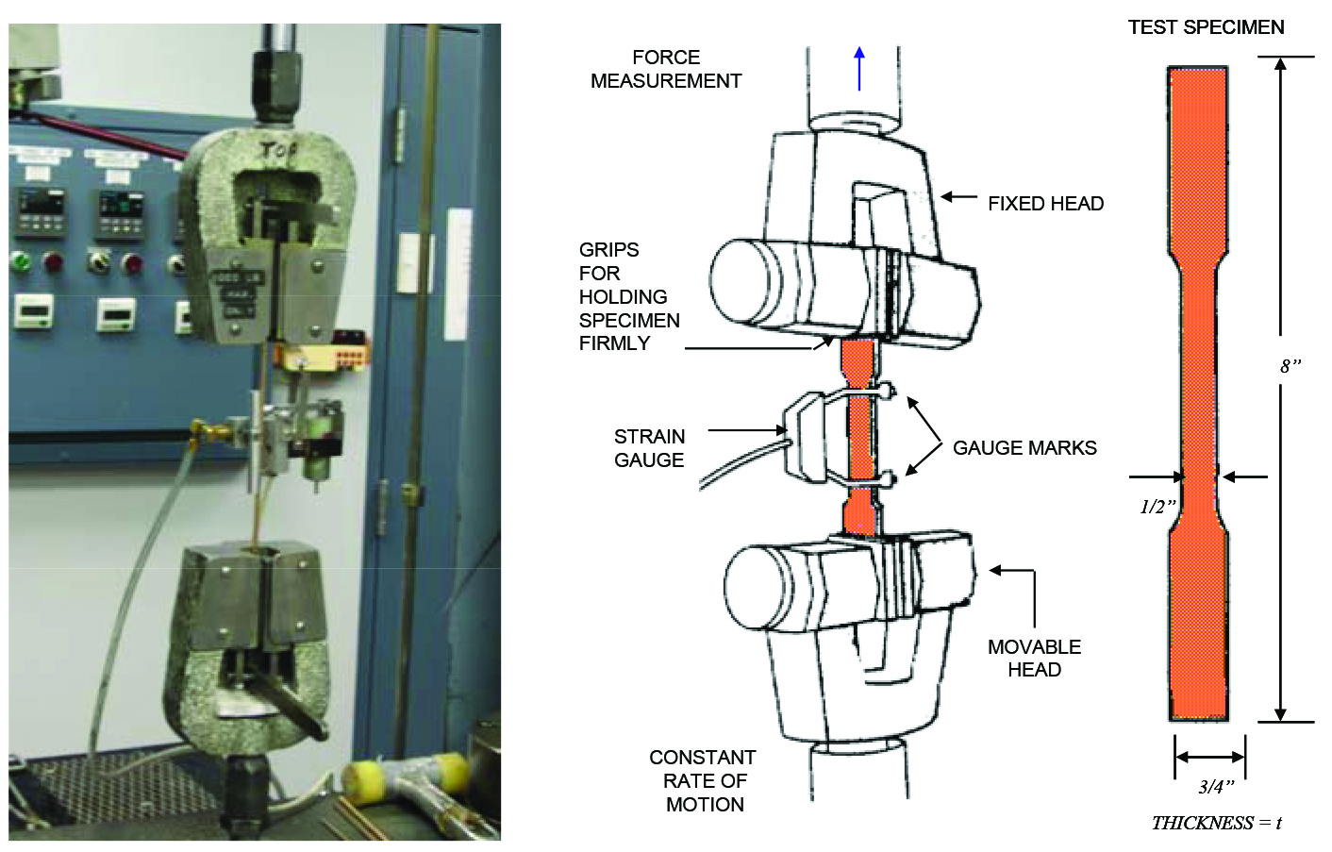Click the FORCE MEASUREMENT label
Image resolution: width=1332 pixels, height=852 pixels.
pyautogui.click(x=665, y=69)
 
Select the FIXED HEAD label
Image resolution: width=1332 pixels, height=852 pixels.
pyautogui.click(x=1045, y=204)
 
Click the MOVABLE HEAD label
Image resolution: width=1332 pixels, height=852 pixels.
pyautogui.click(x=1034, y=658)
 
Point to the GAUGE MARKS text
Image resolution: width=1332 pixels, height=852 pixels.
pyautogui.click(x=1024, y=448)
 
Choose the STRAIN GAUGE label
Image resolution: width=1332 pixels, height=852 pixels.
pyautogui.click(x=649, y=448)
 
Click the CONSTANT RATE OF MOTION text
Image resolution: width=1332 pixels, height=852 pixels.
pyautogui.click(x=704, y=780)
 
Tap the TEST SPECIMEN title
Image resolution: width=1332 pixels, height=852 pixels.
pyautogui.click(x=1206, y=27)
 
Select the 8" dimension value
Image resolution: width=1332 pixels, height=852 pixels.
pyautogui.click(x=1290, y=366)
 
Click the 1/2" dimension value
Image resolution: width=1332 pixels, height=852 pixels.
pyautogui.click(x=1157, y=507)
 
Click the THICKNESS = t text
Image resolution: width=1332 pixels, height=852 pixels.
pyautogui.click(x=1216, y=823)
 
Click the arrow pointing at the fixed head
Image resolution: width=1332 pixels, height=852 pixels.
pyautogui.click(x=958, y=197)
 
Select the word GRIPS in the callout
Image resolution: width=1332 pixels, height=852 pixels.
pyautogui.click(x=608, y=250)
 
